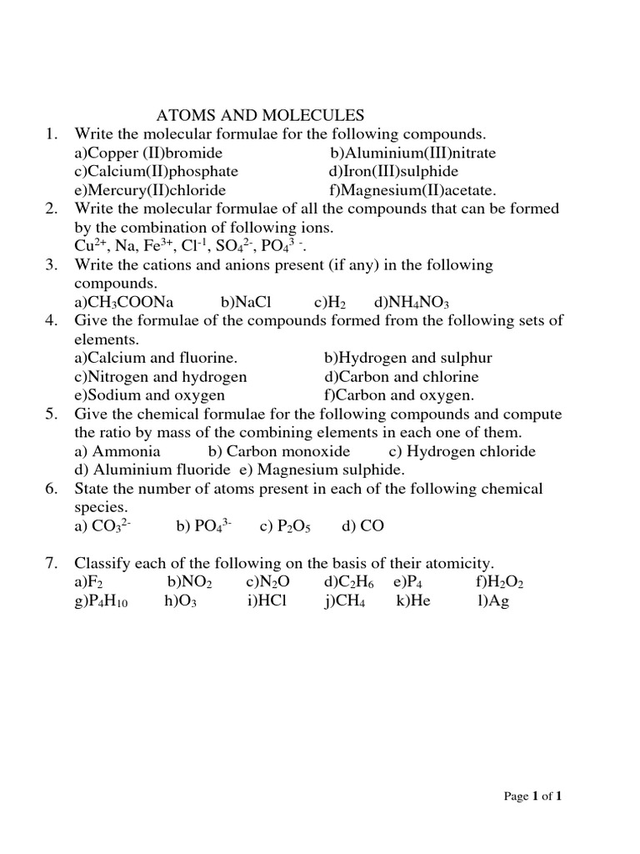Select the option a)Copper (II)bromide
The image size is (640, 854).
pos(148,153)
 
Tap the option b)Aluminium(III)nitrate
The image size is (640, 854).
pos(412,153)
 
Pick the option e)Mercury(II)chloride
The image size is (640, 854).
pos(150,189)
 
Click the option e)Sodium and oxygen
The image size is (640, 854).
pos(149,394)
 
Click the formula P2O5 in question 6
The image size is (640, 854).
pos(292,526)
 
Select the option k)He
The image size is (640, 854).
pos(413,600)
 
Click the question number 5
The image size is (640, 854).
pos(51,414)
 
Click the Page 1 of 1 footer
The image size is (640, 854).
pos(533,796)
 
